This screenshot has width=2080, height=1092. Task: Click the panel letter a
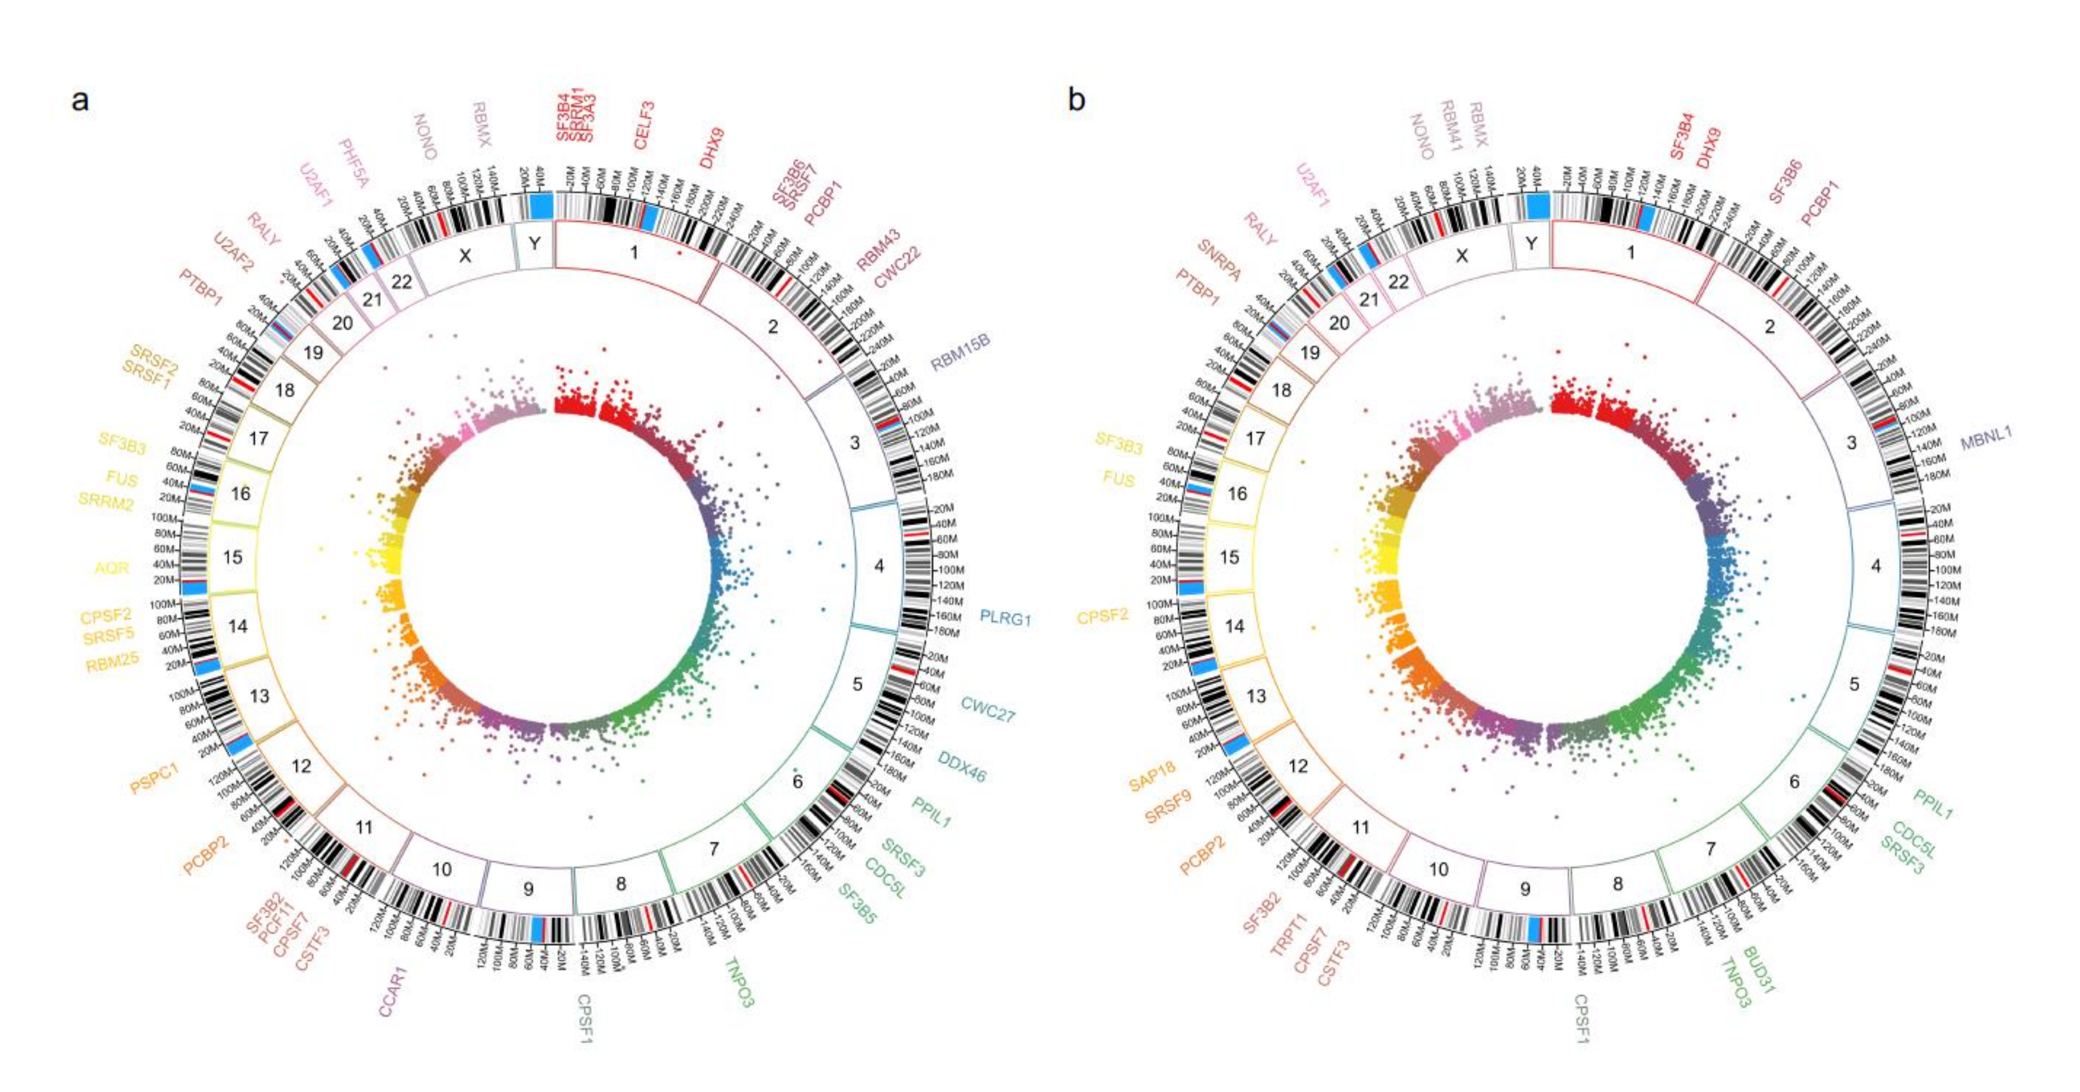[80, 101]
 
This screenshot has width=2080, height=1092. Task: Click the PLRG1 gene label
[1005, 619]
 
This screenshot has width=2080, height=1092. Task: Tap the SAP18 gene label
[1152, 777]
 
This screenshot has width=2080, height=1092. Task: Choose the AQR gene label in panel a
[112, 568]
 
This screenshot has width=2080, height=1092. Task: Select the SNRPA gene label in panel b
[1219, 260]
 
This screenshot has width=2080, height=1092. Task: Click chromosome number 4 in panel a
[879, 566]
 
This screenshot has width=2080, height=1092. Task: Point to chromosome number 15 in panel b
[1229, 557]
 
